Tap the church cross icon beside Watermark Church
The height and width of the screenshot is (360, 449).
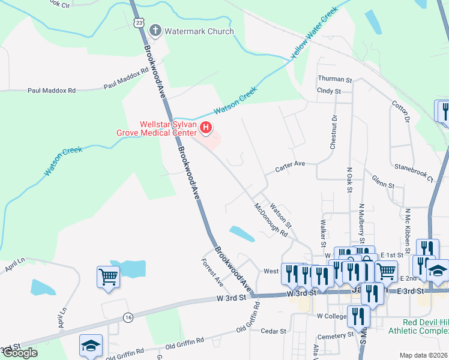pos(155,30)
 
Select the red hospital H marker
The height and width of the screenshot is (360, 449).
pos(206,127)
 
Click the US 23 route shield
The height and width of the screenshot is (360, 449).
pos(139,22)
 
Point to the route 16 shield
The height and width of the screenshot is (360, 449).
pos(128,317)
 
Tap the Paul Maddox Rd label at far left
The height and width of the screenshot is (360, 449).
pos(52,91)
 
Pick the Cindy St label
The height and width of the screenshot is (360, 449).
pos(329,91)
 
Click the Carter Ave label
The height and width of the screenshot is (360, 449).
pos(291,163)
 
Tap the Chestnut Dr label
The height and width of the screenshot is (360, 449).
pos(334,130)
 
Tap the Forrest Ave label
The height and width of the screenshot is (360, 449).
pos(212,270)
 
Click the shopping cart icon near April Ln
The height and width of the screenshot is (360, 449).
pos(108,277)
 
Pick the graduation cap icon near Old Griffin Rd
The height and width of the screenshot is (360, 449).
pos(91,345)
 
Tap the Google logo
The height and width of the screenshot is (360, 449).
pos(19,353)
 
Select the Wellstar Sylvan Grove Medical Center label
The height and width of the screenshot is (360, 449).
pos(167,128)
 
